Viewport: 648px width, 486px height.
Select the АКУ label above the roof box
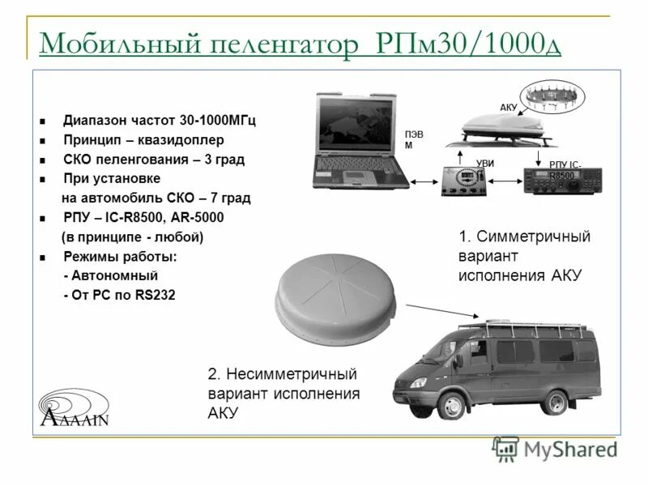coord(508,107)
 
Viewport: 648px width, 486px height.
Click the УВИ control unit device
coord(466,181)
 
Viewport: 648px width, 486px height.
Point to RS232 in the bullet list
coord(154,295)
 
